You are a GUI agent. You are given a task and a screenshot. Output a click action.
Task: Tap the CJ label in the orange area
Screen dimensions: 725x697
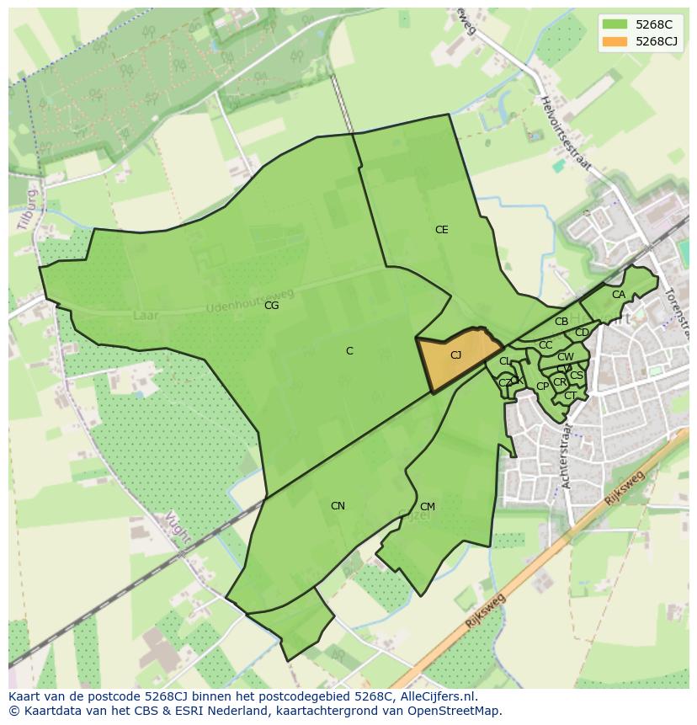[x=455, y=355]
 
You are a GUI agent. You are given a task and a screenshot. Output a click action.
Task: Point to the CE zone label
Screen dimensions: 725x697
[x=441, y=230]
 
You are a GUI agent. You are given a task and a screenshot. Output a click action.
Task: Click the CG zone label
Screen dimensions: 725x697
[x=271, y=306]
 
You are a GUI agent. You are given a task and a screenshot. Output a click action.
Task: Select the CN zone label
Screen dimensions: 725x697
[x=338, y=506]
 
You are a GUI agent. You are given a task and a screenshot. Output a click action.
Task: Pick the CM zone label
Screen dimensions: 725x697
[x=428, y=507]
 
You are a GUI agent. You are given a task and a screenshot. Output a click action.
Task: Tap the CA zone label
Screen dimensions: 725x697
[x=619, y=295]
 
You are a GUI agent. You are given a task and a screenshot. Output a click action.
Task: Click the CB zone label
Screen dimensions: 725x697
[x=561, y=322]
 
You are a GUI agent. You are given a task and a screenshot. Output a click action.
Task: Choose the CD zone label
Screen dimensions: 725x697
[x=582, y=333]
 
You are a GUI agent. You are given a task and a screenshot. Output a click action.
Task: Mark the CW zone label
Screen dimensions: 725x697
[x=566, y=357]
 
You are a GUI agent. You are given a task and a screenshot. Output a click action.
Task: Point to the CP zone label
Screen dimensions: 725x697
[x=542, y=386]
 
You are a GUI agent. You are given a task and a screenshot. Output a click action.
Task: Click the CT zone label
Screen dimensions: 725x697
[x=570, y=396]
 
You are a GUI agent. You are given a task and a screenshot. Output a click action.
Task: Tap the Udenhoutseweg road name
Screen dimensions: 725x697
[x=250, y=301]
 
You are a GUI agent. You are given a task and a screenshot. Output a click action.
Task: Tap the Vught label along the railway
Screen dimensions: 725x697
[x=178, y=527]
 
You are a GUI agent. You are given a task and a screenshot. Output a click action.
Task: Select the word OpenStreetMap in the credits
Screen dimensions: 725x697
[x=455, y=711]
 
